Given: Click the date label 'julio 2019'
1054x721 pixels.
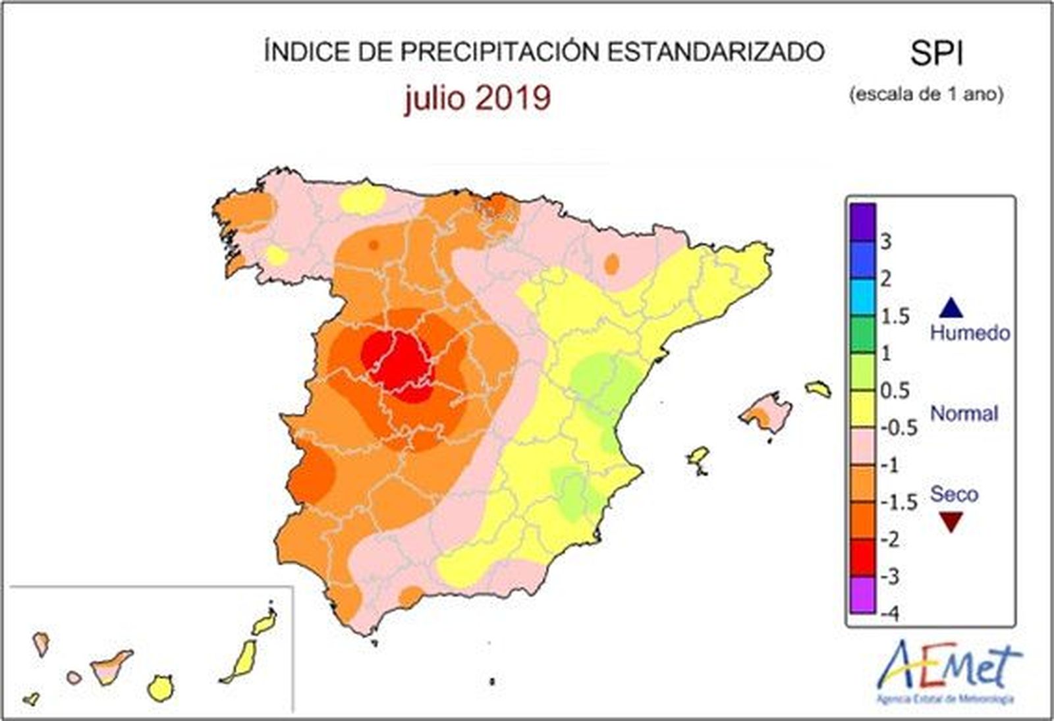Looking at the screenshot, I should tap(478, 98).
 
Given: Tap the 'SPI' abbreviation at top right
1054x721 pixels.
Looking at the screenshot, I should tap(937, 53).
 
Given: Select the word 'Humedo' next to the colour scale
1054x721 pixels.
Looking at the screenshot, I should tap(970, 333).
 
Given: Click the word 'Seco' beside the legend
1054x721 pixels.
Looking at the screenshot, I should tap(954, 494).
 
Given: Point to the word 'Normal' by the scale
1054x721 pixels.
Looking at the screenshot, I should tap(964, 414).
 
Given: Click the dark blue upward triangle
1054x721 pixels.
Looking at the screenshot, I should tap(952, 307).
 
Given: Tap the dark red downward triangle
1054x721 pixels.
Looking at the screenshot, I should tap(952, 523).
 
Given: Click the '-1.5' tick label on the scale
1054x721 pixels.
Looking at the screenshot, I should tap(899, 502).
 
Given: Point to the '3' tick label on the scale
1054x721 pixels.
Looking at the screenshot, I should tap(886, 242).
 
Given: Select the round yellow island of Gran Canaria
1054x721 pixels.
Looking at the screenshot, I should tap(160, 688).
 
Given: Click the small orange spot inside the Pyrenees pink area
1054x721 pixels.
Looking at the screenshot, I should tap(612, 264).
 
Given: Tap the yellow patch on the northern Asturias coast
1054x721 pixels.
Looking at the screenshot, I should tap(363, 199).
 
